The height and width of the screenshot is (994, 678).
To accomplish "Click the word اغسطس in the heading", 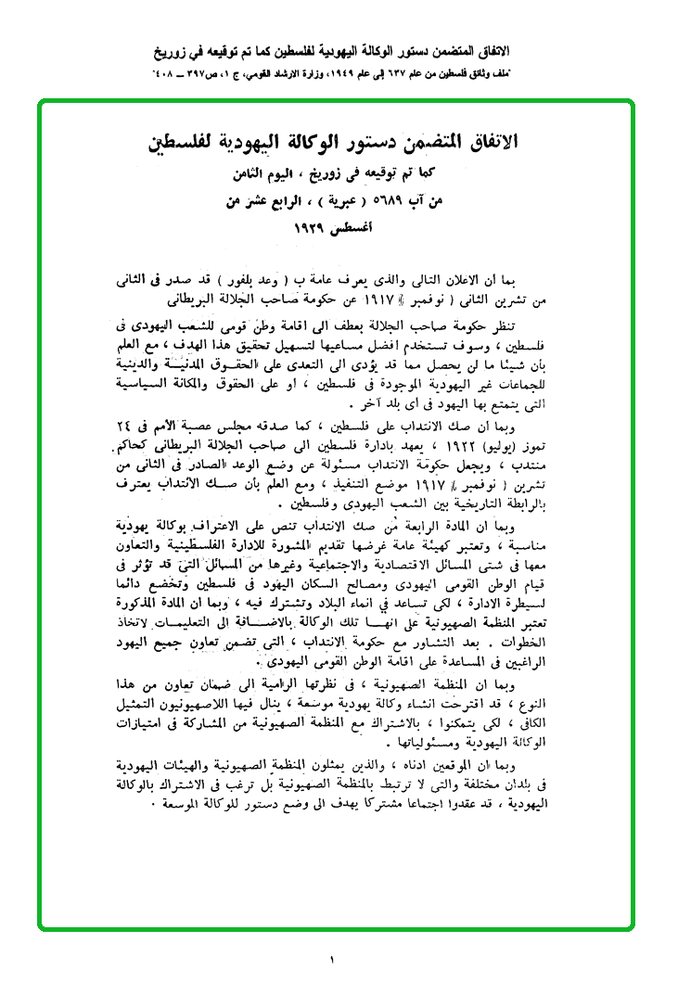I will pyautogui.click(x=365, y=228).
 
